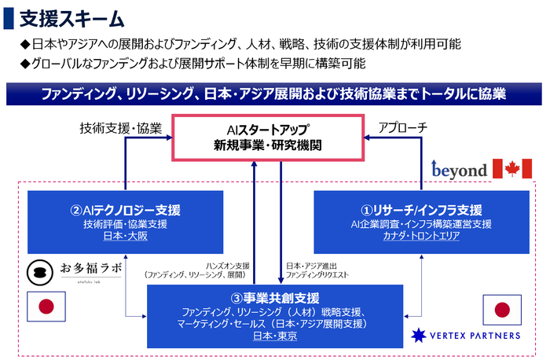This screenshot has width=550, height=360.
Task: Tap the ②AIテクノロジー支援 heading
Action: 125,210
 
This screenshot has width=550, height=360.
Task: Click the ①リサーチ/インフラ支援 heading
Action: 422,210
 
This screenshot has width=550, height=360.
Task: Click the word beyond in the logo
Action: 459,169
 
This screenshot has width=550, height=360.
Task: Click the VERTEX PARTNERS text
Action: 473,335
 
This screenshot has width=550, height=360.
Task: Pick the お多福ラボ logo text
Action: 91,269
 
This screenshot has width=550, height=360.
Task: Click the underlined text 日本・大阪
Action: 125,236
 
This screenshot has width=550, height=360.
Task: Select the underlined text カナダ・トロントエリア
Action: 422,236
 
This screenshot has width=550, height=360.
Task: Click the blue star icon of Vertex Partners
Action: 419,335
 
